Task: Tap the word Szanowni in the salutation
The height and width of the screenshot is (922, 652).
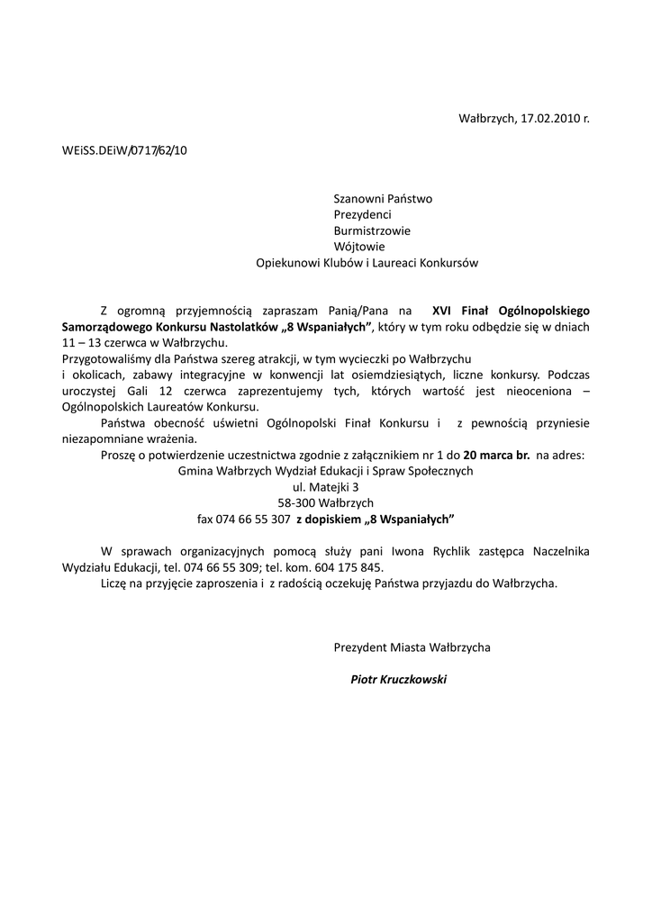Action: (357, 198)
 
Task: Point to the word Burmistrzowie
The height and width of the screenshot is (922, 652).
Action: (372, 230)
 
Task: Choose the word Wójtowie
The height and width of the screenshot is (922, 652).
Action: (359, 247)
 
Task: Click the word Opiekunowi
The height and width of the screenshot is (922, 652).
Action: (286, 263)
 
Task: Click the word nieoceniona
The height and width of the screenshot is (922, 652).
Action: (530, 391)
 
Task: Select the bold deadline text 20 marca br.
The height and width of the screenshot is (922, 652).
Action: (496, 456)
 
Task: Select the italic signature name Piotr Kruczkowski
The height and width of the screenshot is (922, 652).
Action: (398, 680)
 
